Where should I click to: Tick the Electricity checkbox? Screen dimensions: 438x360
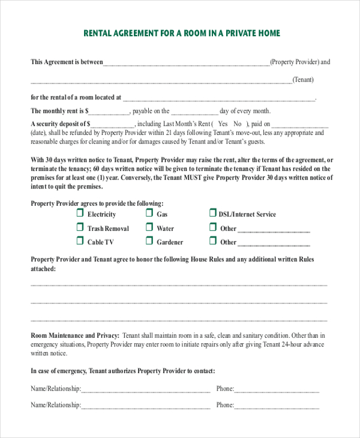[x=80, y=213]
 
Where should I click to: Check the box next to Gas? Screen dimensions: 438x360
[x=149, y=213]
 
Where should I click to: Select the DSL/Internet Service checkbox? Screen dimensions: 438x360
[x=212, y=213]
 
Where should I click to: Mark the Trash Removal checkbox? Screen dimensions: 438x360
[x=80, y=227]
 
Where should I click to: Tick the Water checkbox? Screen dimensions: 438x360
[x=149, y=227]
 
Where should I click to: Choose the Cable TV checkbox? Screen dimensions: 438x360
[x=80, y=241]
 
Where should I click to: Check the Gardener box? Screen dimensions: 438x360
[x=149, y=241]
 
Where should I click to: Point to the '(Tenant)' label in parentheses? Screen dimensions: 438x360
[x=303, y=80]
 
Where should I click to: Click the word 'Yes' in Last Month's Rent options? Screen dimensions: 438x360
[x=223, y=124]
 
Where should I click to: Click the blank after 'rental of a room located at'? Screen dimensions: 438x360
[x=219, y=98]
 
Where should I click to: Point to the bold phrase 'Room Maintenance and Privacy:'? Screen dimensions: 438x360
[x=75, y=335]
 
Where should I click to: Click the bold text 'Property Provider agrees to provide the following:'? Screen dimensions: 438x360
[x=97, y=203]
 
